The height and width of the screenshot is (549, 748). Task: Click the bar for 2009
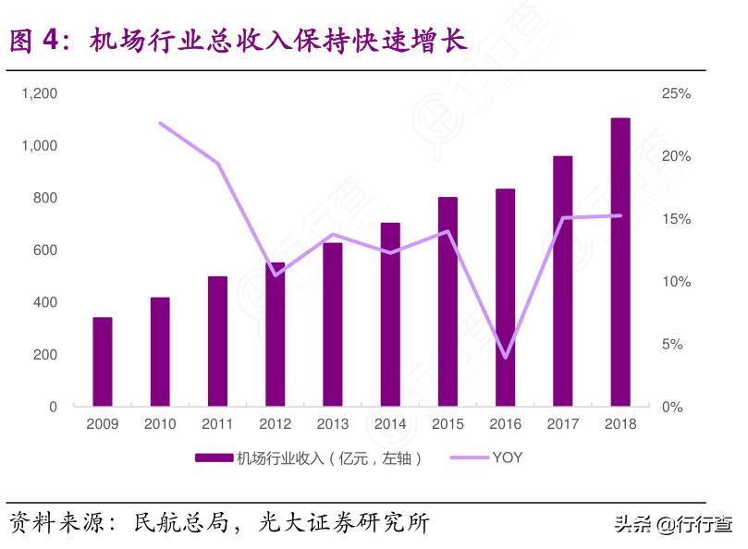pos(102,361)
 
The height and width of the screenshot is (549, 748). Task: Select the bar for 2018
pos(620,262)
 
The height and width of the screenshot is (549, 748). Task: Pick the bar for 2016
pos(505,298)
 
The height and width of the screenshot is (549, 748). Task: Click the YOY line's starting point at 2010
pos(160,123)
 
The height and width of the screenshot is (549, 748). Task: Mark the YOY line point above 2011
pos(217,163)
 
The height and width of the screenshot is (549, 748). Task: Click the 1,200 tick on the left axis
pos(39,93)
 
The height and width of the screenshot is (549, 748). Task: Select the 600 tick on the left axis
pos(45,250)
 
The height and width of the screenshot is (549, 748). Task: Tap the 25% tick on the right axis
pos(676,93)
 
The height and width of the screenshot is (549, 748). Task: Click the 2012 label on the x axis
pos(275,424)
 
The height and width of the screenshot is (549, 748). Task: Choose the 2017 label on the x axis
pos(563,424)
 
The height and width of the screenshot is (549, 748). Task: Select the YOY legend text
pos(507,457)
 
